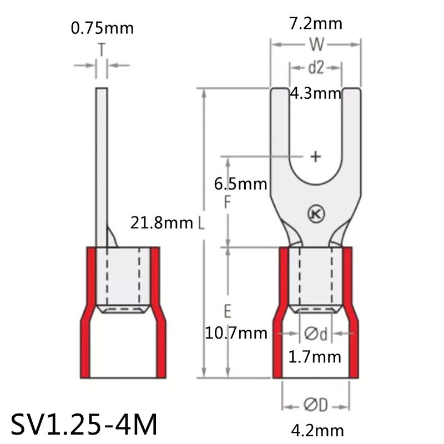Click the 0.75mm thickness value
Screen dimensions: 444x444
(102, 28)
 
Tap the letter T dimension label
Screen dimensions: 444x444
(102, 51)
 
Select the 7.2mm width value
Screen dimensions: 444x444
(316, 23)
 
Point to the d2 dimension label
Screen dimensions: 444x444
(315, 67)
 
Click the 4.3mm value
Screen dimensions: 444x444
(315, 93)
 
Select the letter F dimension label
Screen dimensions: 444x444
(227, 203)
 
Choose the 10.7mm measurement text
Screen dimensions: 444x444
(236, 333)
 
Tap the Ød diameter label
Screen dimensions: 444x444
(315, 333)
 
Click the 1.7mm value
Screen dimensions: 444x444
(315, 357)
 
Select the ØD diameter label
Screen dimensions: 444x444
(315, 406)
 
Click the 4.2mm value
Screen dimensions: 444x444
(316, 430)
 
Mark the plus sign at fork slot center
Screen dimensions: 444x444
(315, 157)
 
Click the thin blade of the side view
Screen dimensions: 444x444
(102, 167)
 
